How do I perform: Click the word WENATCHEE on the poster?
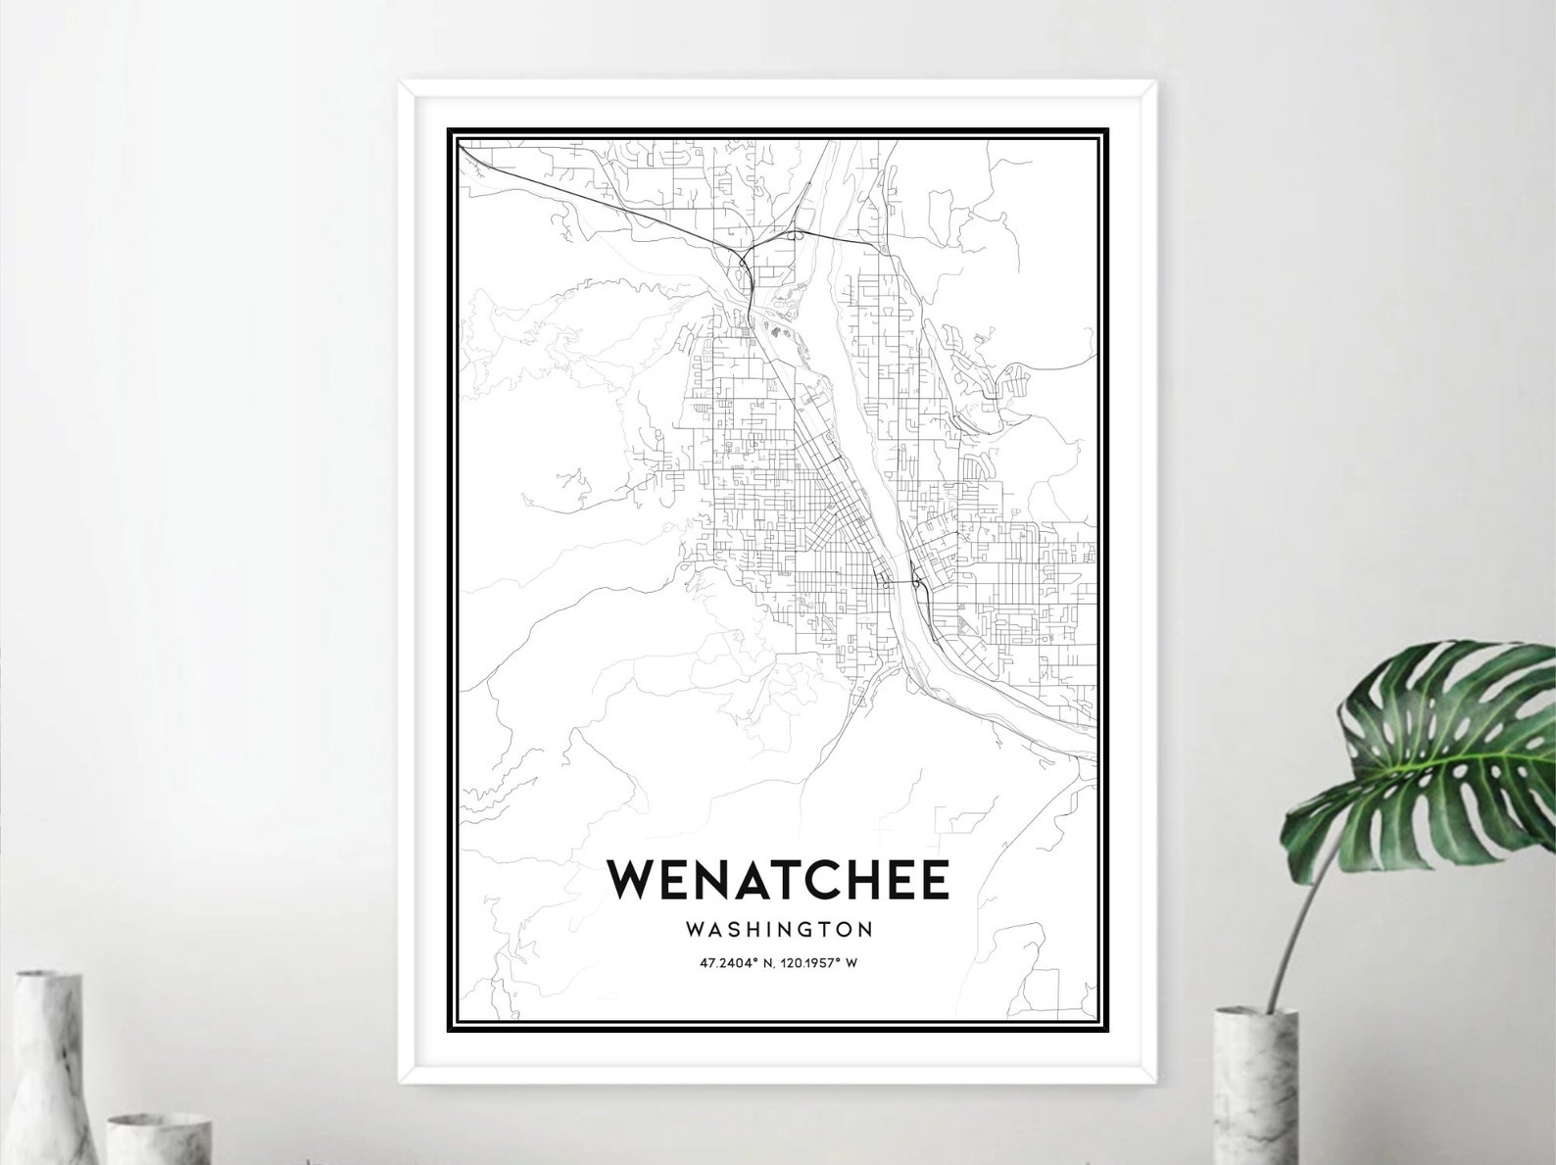click(778, 879)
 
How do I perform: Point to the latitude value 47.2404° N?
click(734, 962)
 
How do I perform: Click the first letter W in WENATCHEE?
click(632, 879)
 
